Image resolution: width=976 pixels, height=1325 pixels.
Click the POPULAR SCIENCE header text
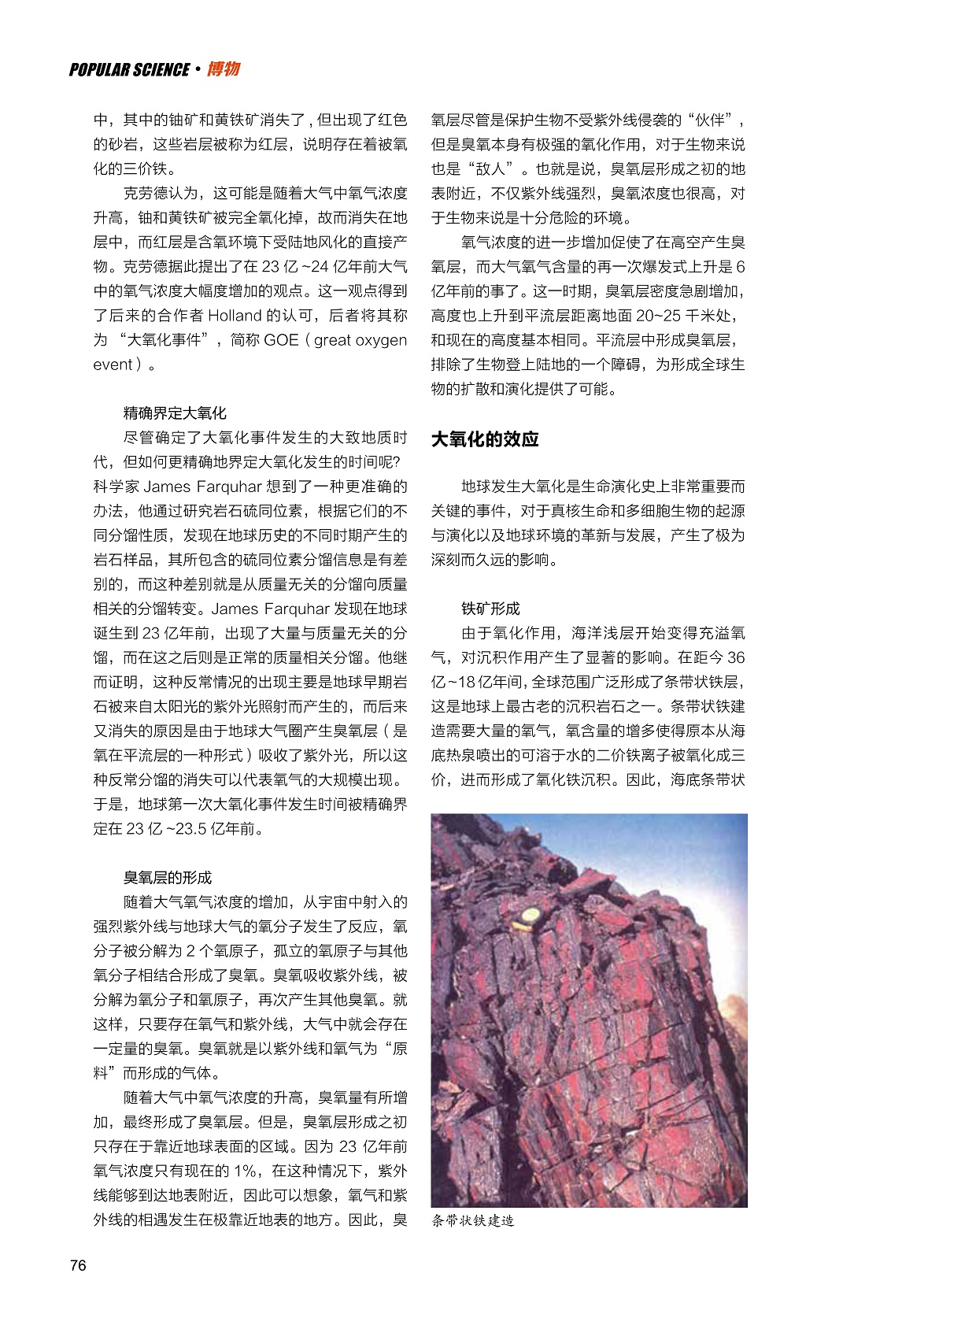coord(129,70)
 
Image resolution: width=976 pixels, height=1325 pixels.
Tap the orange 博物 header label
coord(223,69)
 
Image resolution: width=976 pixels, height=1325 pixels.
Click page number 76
coord(78,1265)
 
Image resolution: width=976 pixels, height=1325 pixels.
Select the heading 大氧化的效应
coord(484,439)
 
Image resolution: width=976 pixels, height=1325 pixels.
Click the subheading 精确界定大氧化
coord(174,413)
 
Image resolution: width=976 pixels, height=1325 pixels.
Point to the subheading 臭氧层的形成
coord(167,878)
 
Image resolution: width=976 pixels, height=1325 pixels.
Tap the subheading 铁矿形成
coord(490,609)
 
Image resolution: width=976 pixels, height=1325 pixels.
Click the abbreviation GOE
coord(281,340)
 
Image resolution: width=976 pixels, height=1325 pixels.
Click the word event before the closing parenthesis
coord(113,365)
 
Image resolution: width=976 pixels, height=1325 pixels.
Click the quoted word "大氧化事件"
coord(158,340)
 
